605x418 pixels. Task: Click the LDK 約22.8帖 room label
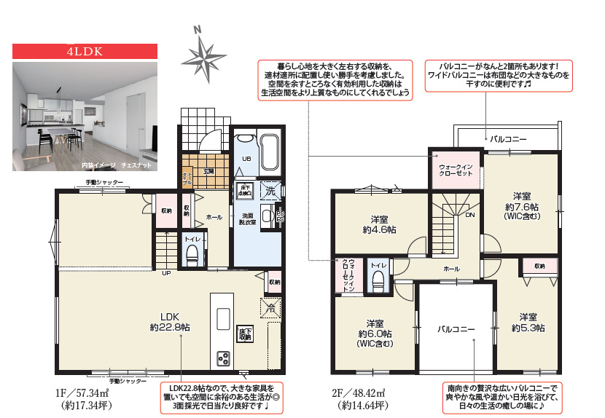coord(170,321)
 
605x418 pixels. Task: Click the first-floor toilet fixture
coord(192,254)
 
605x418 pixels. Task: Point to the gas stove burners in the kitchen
coord(222,358)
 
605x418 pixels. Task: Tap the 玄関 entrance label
coord(208,172)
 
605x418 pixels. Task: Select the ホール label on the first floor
coord(214,217)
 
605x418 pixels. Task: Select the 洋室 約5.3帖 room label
coord(529,323)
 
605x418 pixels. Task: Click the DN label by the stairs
coord(469,216)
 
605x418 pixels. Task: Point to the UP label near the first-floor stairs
coord(167,274)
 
